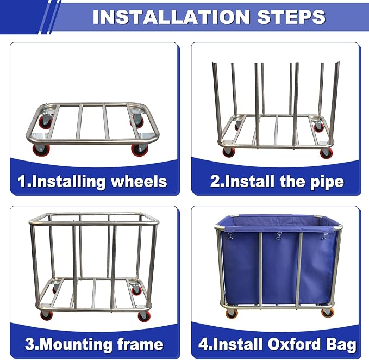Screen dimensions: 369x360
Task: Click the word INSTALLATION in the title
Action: (171, 17)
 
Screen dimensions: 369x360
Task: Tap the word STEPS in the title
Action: (291, 17)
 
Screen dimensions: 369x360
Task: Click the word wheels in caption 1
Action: (139, 181)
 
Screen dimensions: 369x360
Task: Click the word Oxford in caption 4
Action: (294, 344)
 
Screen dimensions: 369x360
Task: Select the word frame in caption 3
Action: (141, 344)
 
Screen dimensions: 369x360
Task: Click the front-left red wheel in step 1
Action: (41, 150)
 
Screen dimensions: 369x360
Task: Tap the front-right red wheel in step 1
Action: (140, 150)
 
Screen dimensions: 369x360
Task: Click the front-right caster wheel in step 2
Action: (327, 153)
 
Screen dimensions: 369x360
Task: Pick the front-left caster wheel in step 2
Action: (228, 152)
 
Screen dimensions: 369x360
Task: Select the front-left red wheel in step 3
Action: (47, 315)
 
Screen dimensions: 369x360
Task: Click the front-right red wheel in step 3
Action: (143, 316)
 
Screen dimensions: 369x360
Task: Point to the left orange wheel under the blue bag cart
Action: (232, 313)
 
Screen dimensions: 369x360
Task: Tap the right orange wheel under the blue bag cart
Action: (328, 313)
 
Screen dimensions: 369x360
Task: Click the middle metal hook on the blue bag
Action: (279, 236)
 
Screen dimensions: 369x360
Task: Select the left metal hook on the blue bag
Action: (230, 235)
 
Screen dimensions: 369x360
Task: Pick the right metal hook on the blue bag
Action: (325, 236)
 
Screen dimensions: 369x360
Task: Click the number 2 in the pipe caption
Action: (215, 181)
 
